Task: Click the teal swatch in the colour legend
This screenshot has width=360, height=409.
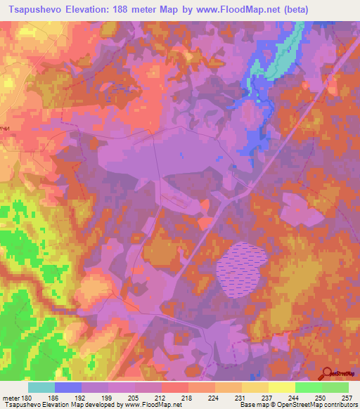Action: point(41,387)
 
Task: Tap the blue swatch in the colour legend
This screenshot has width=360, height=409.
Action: point(68,387)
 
